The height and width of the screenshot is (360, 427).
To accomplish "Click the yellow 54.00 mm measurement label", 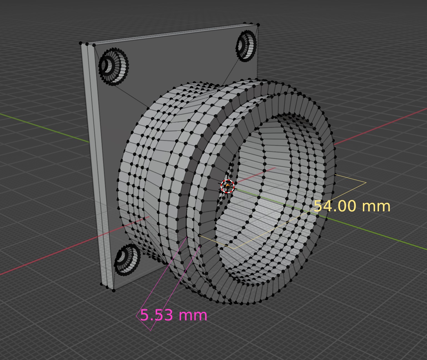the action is click(x=352, y=206).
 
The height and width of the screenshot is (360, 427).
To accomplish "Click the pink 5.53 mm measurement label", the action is click(x=174, y=315).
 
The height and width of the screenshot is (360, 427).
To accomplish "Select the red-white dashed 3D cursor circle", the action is click(x=227, y=186).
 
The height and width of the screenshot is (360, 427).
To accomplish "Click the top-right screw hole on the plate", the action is click(x=246, y=46).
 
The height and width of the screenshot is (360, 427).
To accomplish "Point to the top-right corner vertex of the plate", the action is click(x=258, y=25).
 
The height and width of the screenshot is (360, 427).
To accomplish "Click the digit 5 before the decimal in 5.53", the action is click(x=144, y=315).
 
